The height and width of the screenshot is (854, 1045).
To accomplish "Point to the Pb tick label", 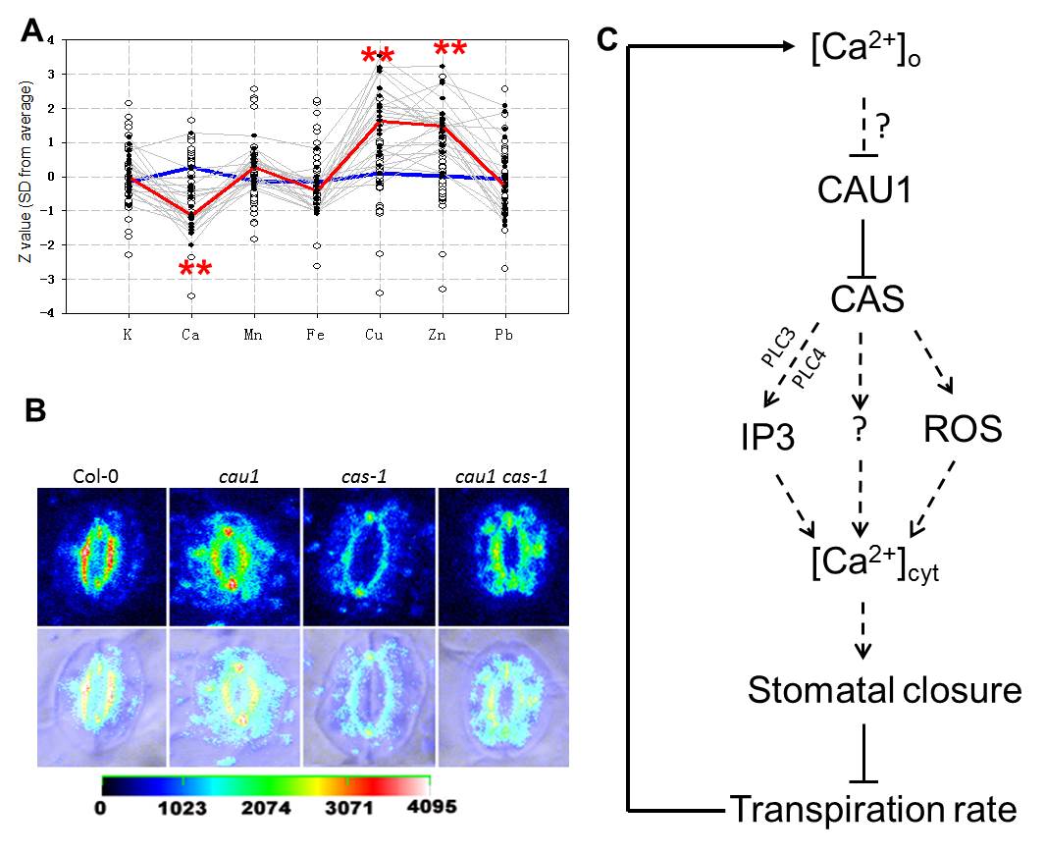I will [x=505, y=335].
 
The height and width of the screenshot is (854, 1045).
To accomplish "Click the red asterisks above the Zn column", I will [x=450, y=48].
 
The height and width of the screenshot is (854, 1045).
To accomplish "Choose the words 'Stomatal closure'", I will [x=884, y=690].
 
